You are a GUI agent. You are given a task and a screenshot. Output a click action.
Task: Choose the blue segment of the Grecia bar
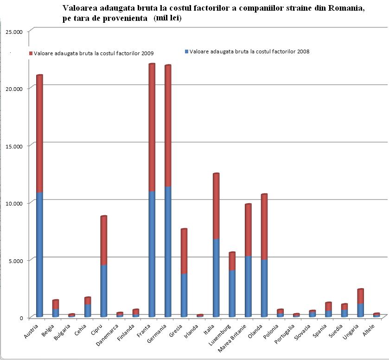184,295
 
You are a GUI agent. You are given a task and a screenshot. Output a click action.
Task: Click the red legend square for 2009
31,54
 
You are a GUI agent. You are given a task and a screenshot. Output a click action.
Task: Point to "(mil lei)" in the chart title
169,18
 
